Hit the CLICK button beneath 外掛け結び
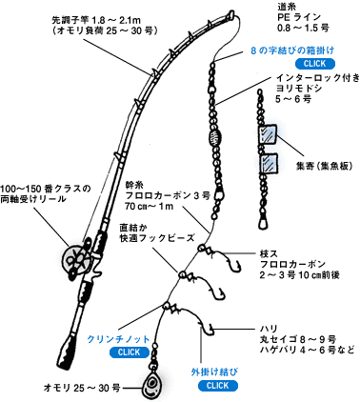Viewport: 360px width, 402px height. coord(218,385)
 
